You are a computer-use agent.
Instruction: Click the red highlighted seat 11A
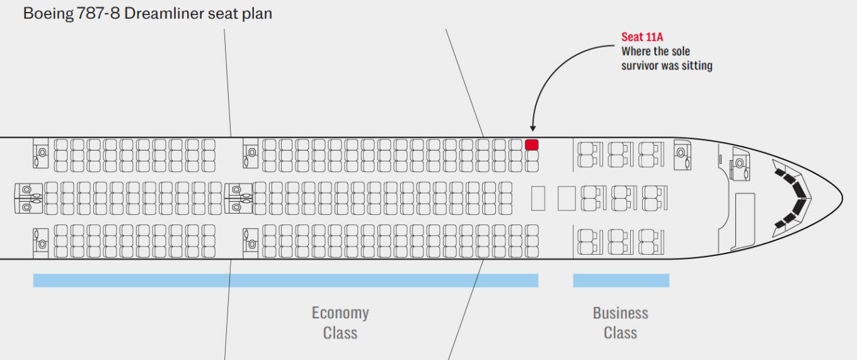pyautogui.click(x=532, y=144)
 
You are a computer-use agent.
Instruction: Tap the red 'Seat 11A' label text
pyautogui.click(x=642, y=37)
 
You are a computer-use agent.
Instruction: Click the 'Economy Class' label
pyautogui.click(x=340, y=322)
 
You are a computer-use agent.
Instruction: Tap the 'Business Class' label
pyautogui.click(x=620, y=322)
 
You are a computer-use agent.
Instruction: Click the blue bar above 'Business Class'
pyautogui.click(x=621, y=281)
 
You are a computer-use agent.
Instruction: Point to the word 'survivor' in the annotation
pyautogui.click(x=640, y=66)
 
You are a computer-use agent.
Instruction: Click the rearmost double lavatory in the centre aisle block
pyautogui.click(x=26, y=197)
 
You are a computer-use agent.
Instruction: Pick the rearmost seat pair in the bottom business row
pyautogui.click(x=587, y=241)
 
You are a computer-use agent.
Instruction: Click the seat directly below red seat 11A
pyautogui.click(x=532, y=156)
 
